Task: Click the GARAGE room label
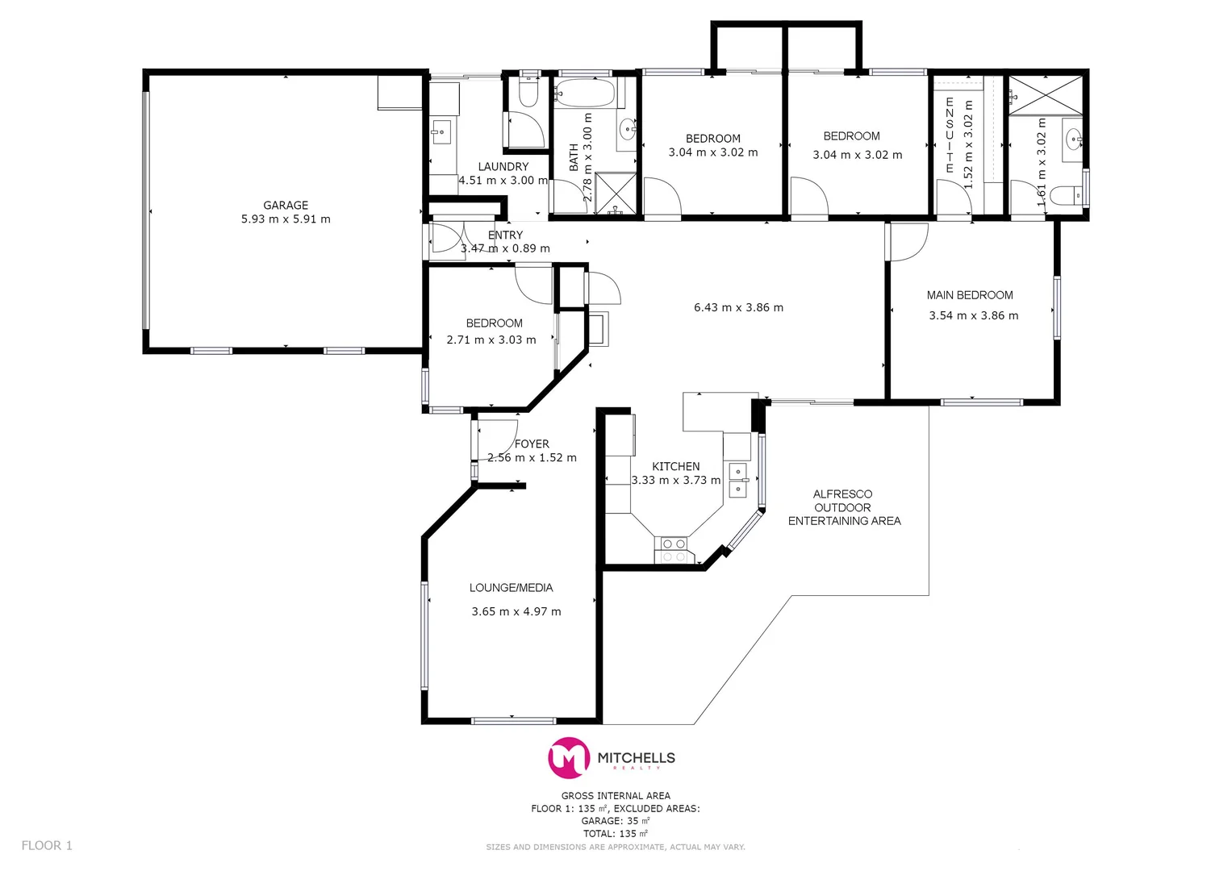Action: [286, 206]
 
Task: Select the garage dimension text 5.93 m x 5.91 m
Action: [286, 219]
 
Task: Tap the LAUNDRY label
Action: [503, 167]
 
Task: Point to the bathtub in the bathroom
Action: [585, 93]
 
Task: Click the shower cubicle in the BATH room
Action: [616, 193]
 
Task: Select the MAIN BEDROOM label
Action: [970, 295]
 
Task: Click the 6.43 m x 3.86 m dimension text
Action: [738, 307]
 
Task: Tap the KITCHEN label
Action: [675, 466]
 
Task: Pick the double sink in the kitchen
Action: [738, 480]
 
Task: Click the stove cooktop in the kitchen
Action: [674, 550]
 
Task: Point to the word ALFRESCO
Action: [842, 494]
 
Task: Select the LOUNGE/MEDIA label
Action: [511, 588]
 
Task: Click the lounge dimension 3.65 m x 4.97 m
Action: [516, 611]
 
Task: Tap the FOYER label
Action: [532, 444]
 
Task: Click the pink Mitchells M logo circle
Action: [570, 758]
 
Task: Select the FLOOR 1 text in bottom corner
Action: [47, 845]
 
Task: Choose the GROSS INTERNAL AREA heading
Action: [616, 795]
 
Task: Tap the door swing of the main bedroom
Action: [908, 242]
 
